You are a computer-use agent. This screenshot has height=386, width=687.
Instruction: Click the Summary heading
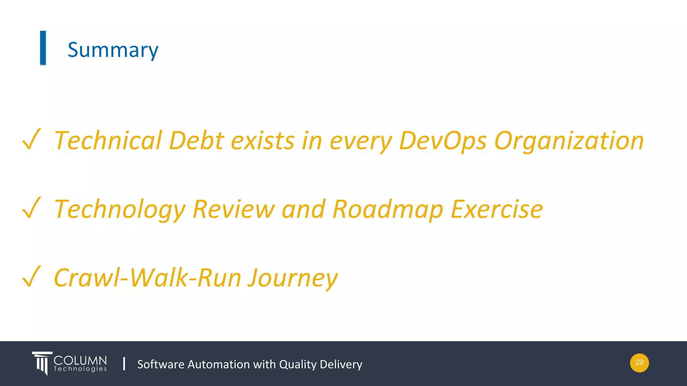click(x=113, y=50)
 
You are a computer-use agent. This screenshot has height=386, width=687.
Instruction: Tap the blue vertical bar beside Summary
click(x=43, y=48)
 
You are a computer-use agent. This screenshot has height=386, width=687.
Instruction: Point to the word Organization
click(x=569, y=141)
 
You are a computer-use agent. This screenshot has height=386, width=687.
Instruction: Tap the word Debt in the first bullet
click(x=196, y=141)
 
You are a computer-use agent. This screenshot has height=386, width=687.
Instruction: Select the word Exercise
click(x=497, y=209)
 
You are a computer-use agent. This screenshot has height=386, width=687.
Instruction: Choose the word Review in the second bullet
click(x=233, y=209)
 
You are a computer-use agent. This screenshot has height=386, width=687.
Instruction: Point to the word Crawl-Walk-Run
click(x=148, y=278)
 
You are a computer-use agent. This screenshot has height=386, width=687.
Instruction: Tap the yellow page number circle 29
click(x=639, y=363)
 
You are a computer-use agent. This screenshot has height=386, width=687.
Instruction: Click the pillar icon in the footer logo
click(x=42, y=363)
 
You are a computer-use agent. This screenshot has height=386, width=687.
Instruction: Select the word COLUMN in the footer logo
click(x=80, y=361)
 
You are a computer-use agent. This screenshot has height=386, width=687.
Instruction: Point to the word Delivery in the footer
click(x=341, y=364)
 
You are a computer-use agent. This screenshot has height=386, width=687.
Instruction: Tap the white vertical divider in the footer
click(x=124, y=364)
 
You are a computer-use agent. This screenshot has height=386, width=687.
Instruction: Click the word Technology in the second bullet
click(x=120, y=209)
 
